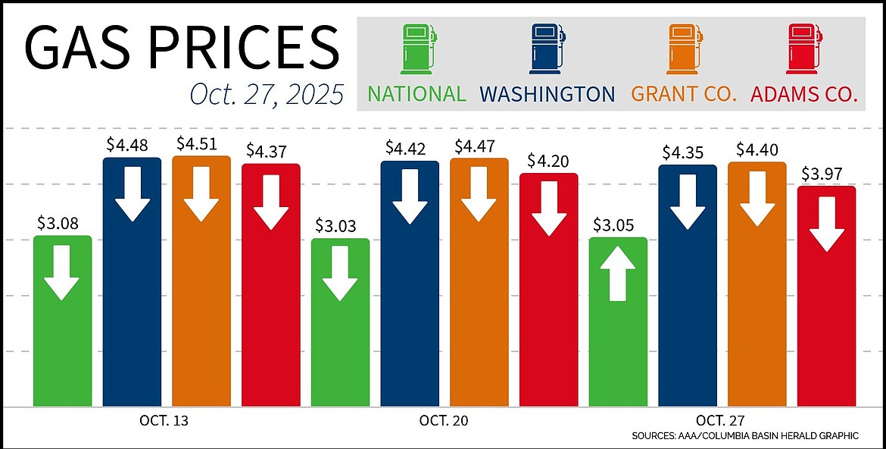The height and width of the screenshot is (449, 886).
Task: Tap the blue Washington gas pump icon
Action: click(547, 50)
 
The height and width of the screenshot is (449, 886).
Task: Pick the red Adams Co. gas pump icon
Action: click(804, 50)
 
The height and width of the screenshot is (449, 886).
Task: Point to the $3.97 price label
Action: click(827, 174)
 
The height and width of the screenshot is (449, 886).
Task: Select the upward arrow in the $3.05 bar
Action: click(618, 275)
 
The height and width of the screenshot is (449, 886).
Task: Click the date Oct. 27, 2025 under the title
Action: click(266, 95)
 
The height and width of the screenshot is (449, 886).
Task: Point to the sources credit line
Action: click(744, 435)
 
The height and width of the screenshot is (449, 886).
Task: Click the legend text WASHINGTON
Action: click(547, 94)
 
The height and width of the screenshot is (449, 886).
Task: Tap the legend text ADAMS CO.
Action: click(803, 94)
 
